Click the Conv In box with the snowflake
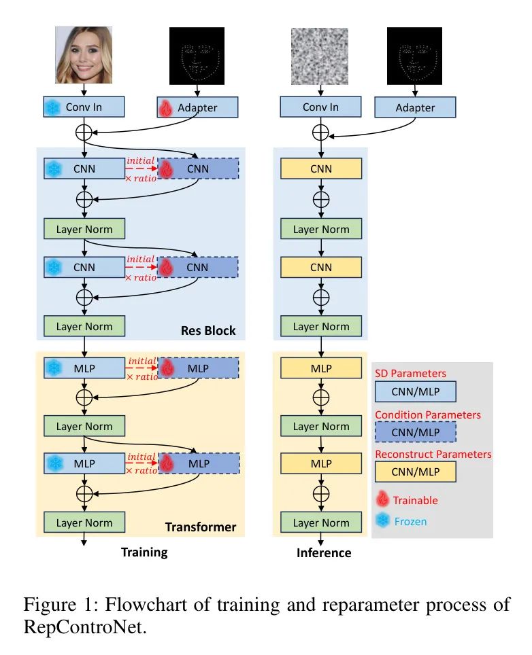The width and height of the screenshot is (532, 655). [84, 107]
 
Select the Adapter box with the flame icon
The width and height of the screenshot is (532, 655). [197, 107]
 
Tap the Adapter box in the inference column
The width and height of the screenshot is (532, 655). [415, 107]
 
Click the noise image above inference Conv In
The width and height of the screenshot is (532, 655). [320, 56]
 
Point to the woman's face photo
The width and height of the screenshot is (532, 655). [84, 55]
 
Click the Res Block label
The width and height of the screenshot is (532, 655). [208, 331]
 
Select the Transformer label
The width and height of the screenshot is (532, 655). [201, 527]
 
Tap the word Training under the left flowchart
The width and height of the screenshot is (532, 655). [144, 552]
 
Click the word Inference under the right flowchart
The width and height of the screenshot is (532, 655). [324, 553]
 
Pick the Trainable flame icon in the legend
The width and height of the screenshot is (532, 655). [382, 499]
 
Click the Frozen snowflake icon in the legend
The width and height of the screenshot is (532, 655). [382, 520]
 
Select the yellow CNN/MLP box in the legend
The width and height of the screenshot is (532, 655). [415, 472]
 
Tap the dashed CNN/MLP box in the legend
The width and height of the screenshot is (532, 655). [415, 432]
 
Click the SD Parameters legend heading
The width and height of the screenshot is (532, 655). [410, 374]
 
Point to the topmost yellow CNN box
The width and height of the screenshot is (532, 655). [321, 169]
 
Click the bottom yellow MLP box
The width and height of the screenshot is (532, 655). [321, 463]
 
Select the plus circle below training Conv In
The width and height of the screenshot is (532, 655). [84, 132]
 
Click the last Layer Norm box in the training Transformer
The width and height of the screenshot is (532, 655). [84, 523]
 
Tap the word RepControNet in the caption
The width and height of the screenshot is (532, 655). [85, 627]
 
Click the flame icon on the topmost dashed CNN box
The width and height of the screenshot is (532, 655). [166, 169]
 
